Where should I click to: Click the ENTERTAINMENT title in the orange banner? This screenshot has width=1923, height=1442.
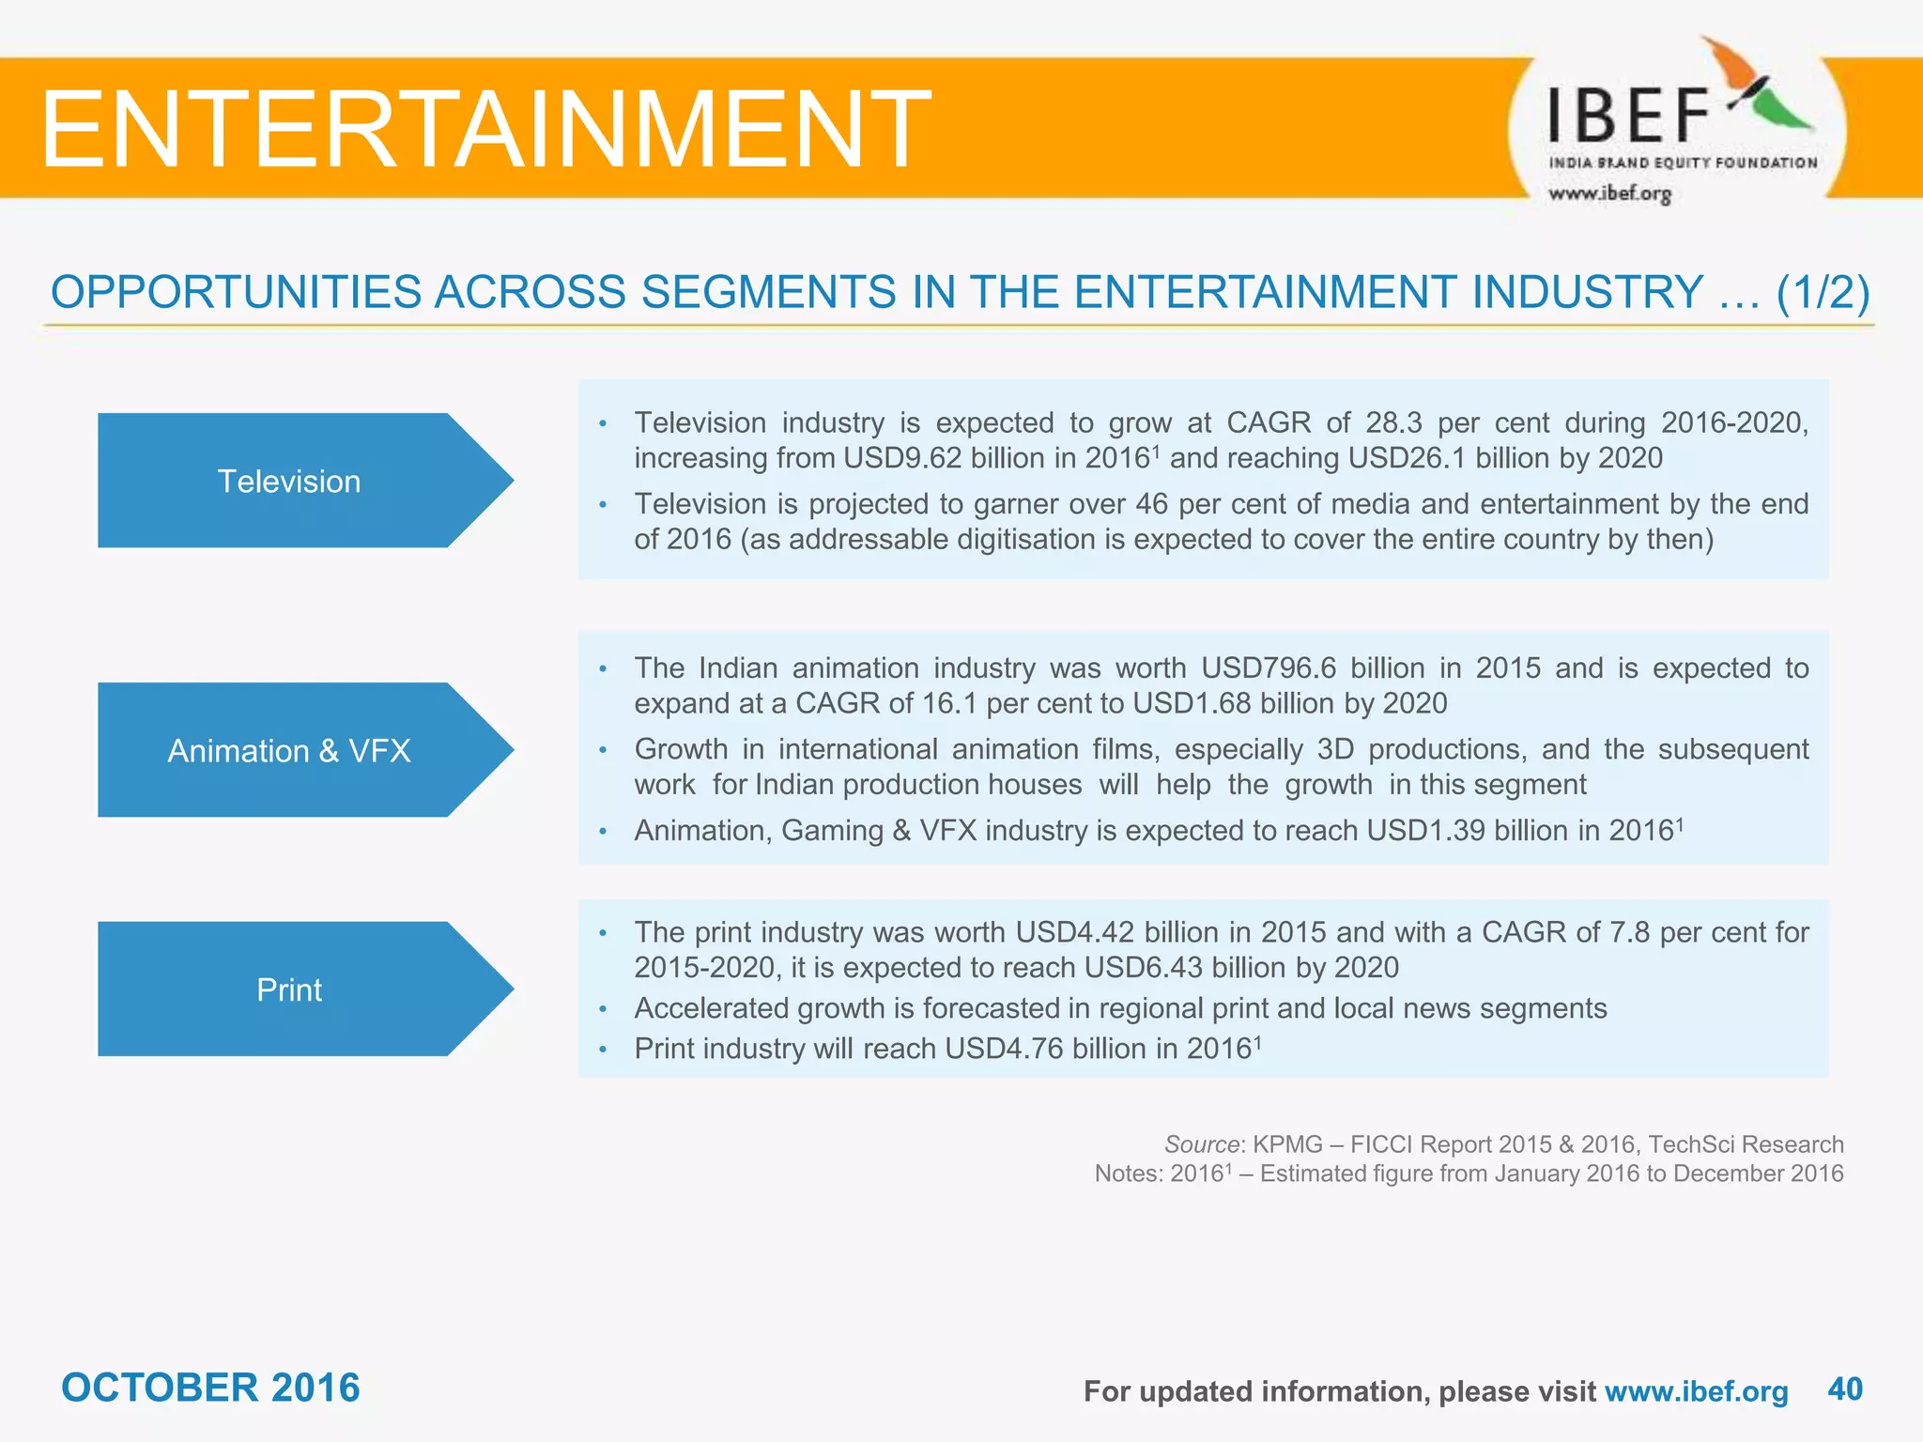tap(485, 129)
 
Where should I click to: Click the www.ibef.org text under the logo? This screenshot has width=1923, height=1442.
tap(1609, 193)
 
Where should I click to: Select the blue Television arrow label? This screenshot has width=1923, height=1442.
tap(289, 481)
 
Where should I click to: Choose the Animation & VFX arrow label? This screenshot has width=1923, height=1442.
tap(289, 750)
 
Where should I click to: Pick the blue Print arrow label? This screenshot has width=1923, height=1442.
tap(289, 989)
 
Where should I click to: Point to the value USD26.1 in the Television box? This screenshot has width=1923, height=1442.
tap(1404, 458)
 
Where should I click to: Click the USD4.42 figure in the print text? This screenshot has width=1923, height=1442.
tap(1075, 932)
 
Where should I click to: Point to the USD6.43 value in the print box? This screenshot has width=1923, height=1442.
tap(1143, 967)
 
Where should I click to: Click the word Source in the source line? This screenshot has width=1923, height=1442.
tap(1201, 1144)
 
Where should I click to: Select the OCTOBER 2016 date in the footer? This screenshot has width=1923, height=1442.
tap(210, 1388)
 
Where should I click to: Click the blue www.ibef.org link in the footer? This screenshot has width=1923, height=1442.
tap(1696, 1390)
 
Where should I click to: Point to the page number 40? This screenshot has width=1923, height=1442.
tap(1845, 1388)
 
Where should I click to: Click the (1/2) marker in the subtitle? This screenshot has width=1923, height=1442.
tap(1823, 292)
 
